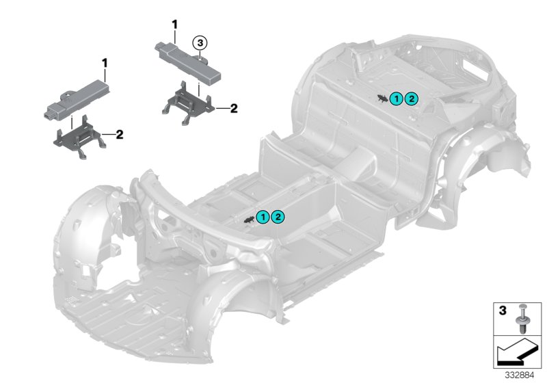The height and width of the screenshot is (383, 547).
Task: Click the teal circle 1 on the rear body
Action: (397, 100)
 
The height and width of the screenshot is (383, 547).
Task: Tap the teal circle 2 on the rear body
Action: (410, 100)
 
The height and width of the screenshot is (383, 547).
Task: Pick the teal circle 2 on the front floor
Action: (278, 217)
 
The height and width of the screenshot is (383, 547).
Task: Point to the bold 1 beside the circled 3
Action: (174, 25)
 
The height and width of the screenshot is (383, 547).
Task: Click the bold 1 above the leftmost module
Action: (105, 64)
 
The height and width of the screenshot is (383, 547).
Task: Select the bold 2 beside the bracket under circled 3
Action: (233, 107)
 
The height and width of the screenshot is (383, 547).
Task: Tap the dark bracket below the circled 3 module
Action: (188, 101)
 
